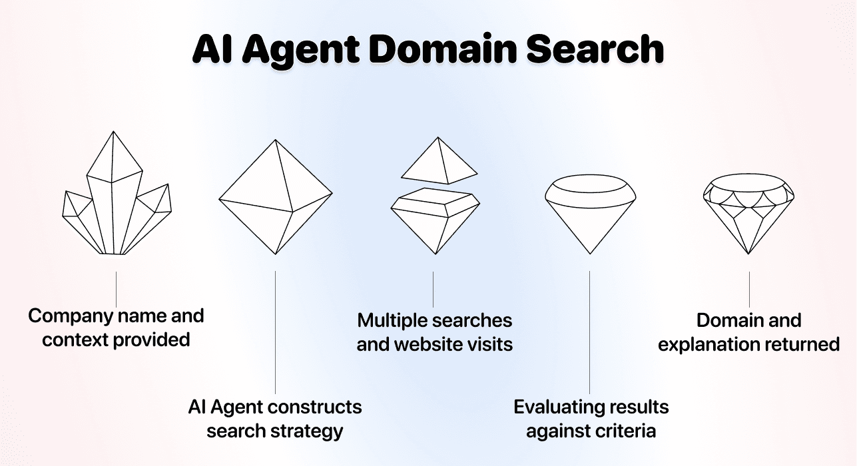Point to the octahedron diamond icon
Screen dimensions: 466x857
point(275,197)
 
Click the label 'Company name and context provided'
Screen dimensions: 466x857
point(117,327)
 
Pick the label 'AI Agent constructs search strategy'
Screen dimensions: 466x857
point(275,418)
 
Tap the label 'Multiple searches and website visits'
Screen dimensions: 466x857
point(434,332)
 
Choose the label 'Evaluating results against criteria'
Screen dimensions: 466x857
point(591,418)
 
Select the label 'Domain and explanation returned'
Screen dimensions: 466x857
point(749,332)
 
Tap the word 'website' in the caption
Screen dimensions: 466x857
point(424,344)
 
